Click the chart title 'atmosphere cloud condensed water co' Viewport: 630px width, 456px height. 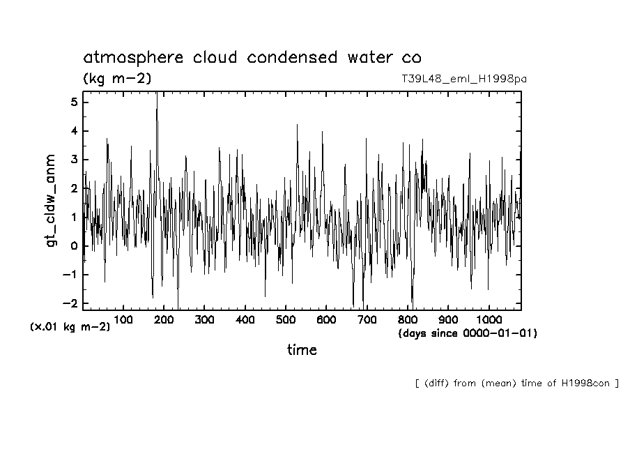tap(252, 57)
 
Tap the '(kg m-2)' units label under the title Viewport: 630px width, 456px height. tap(116, 79)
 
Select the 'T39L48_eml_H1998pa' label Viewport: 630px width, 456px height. tap(463, 79)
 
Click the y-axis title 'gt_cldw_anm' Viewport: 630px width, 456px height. tap(50, 202)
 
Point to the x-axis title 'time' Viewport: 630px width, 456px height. tap(302, 350)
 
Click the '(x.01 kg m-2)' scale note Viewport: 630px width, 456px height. tap(70, 326)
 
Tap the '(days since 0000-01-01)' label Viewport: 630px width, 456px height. tap(468, 333)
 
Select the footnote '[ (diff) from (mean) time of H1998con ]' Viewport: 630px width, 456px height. tap(516, 383)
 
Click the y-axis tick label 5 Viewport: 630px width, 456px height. tap(75, 102)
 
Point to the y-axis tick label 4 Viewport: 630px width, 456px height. tap(75, 131)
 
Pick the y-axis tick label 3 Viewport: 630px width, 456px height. tap(75, 160)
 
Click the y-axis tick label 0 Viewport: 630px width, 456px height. tap(75, 245)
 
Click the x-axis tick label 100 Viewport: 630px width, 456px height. tap(123, 319)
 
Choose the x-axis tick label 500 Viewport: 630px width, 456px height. tap(286, 319)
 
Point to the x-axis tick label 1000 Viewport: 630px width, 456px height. tap(489, 319)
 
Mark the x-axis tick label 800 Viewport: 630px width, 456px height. tap(408, 319)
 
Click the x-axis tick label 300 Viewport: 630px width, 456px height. tap(204, 319)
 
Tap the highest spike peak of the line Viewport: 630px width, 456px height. tap(157, 93)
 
